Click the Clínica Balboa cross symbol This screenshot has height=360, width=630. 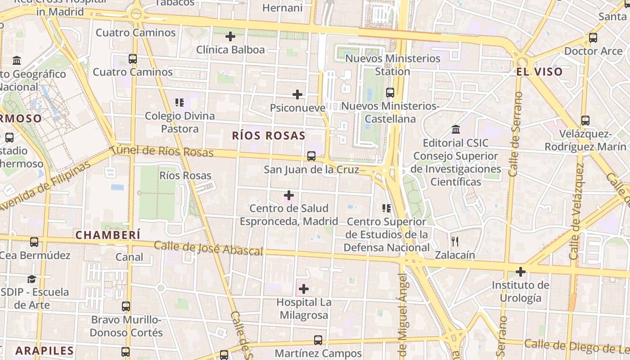pos(230,36)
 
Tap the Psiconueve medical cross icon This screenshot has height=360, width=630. pos(297,94)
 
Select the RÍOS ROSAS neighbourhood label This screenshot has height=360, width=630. pos(269,135)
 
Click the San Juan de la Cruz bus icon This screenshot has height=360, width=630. pos(311,156)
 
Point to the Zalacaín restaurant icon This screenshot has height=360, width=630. pos(455,242)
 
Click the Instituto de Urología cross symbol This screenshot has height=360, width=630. pos(521,272)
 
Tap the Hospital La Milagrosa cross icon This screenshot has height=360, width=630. pos(304,288)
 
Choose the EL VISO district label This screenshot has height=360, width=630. pos(539,72)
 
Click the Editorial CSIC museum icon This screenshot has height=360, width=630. pos(455,130)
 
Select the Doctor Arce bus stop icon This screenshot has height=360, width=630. pos(593,38)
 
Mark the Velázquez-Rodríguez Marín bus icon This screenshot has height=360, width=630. pos(585,121)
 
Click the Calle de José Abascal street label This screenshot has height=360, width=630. pos(208,248)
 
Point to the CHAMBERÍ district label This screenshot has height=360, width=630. pos(108,235)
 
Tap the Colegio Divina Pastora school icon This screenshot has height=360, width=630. pos(180,103)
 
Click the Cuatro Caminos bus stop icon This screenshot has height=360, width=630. pos(133,59)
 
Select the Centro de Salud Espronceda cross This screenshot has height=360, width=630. pos(289,195)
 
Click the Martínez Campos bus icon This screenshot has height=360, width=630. pos(318,340)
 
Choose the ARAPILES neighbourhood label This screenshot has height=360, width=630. pos(45,351)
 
